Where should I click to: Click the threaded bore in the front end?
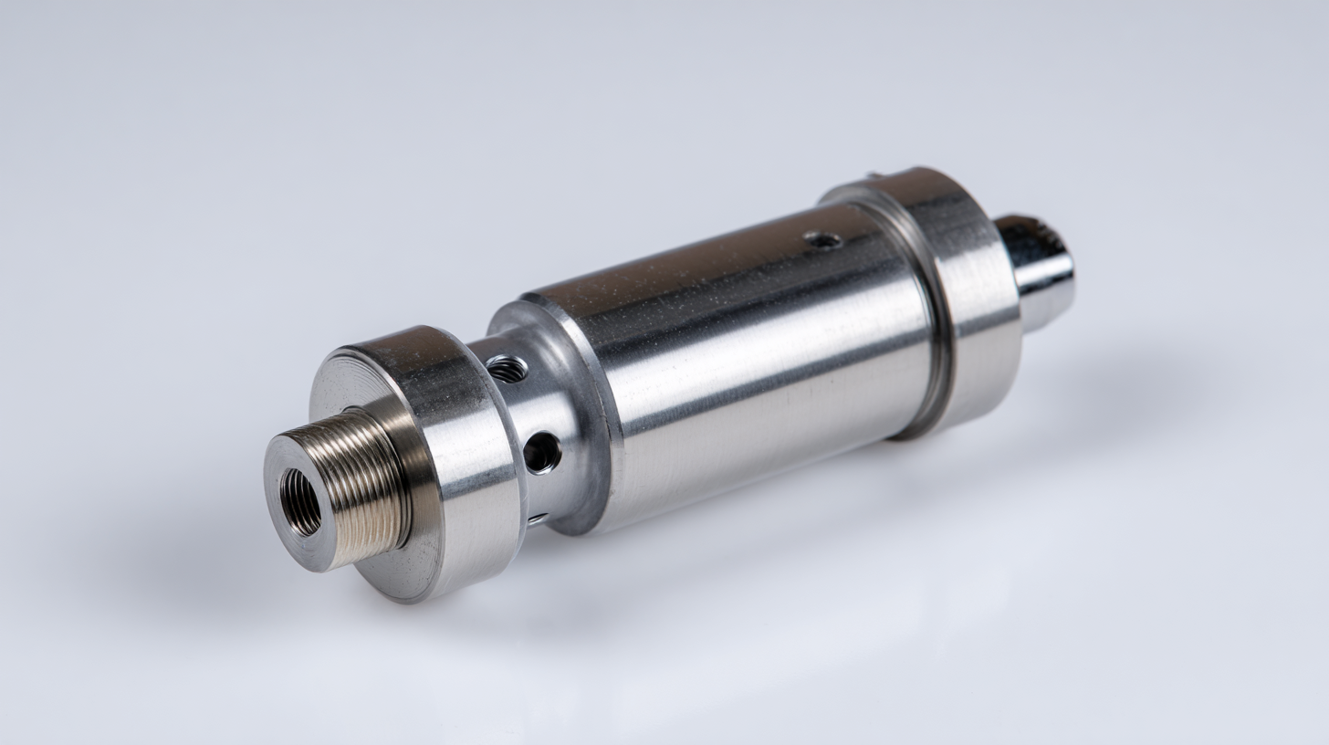tap(300, 501)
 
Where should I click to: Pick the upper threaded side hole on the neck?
tap(508, 369)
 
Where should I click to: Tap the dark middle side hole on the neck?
tap(542, 452)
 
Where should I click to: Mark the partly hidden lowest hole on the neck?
tap(538, 519)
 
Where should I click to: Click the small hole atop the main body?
tap(822, 240)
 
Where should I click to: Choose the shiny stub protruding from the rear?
tap(1036, 269)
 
